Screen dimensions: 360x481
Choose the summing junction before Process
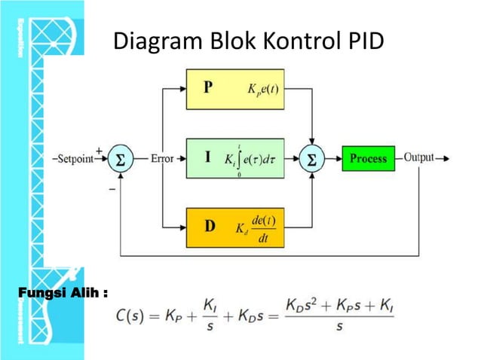tap(312, 160)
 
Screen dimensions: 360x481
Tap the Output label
tap(418, 158)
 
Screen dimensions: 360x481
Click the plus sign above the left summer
tap(100, 150)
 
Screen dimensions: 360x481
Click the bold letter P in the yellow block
tap(209, 87)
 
